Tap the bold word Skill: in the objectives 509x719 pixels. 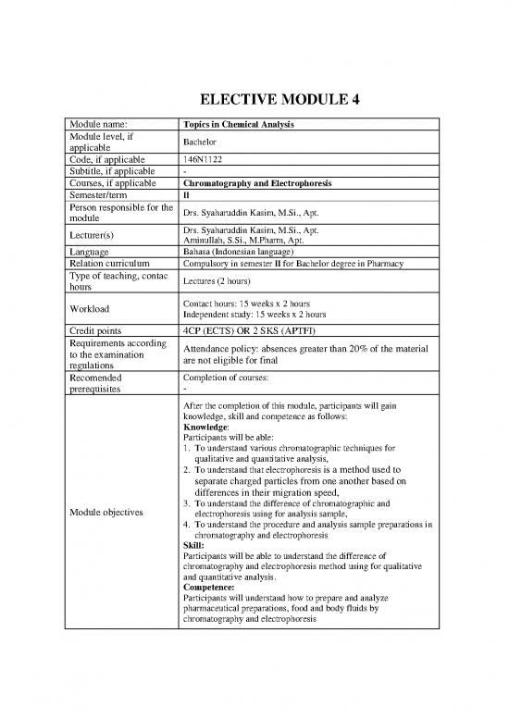pyautogui.click(x=197, y=545)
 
